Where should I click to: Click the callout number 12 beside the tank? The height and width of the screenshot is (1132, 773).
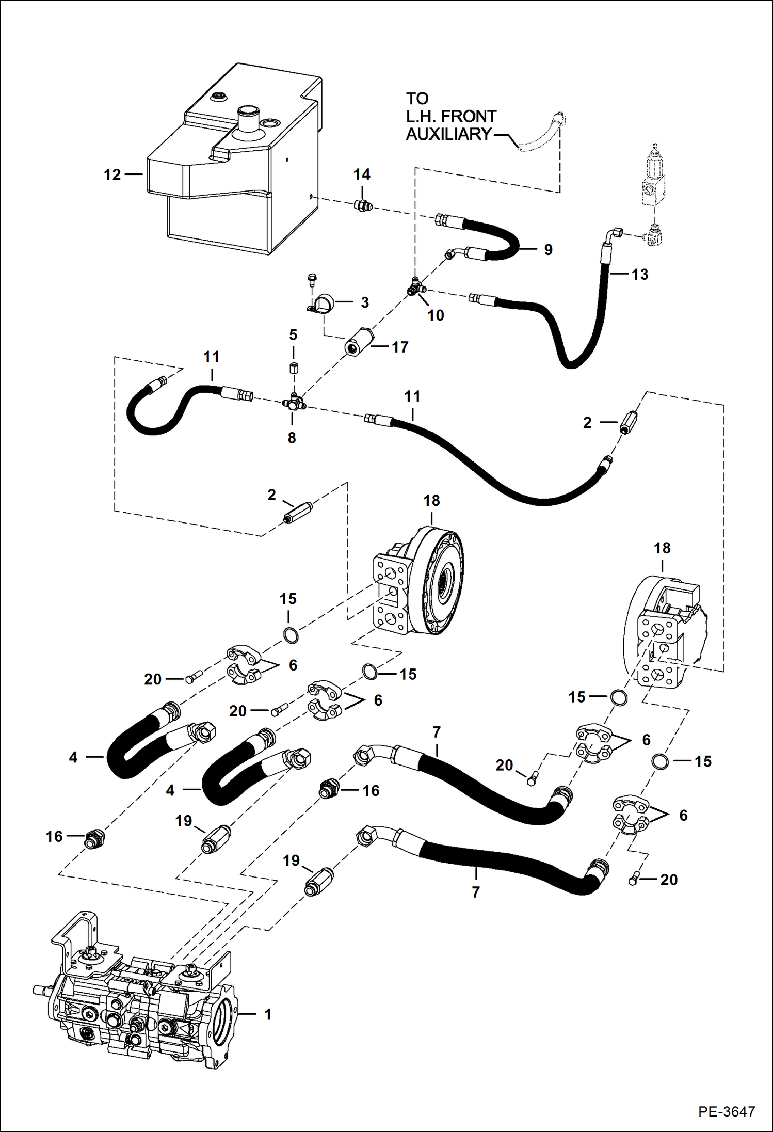pyautogui.click(x=112, y=175)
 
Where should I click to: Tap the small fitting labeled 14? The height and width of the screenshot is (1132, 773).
pyautogui.click(x=363, y=206)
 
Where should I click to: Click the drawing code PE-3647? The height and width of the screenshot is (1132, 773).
pyautogui.click(x=727, y=1111)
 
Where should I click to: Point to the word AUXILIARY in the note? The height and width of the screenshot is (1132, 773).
pyautogui.click(x=448, y=134)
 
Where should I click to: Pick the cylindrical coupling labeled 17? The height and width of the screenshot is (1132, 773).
pyautogui.click(x=356, y=341)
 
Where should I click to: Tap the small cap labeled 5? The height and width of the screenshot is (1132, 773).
pyautogui.click(x=293, y=369)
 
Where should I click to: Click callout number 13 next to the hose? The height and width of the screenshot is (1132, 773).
pyautogui.click(x=640, y=275)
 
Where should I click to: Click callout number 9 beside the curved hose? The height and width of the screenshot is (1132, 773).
pyautogui.click(x=548, y=250)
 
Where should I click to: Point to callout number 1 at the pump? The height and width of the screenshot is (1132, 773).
pyautogui.click(x=267, y=1014)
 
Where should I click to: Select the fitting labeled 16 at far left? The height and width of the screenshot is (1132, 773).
pyautogui.click(x=94, y=839)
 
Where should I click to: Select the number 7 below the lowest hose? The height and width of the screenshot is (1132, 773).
pyautogui.click(x=475, y=892)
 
